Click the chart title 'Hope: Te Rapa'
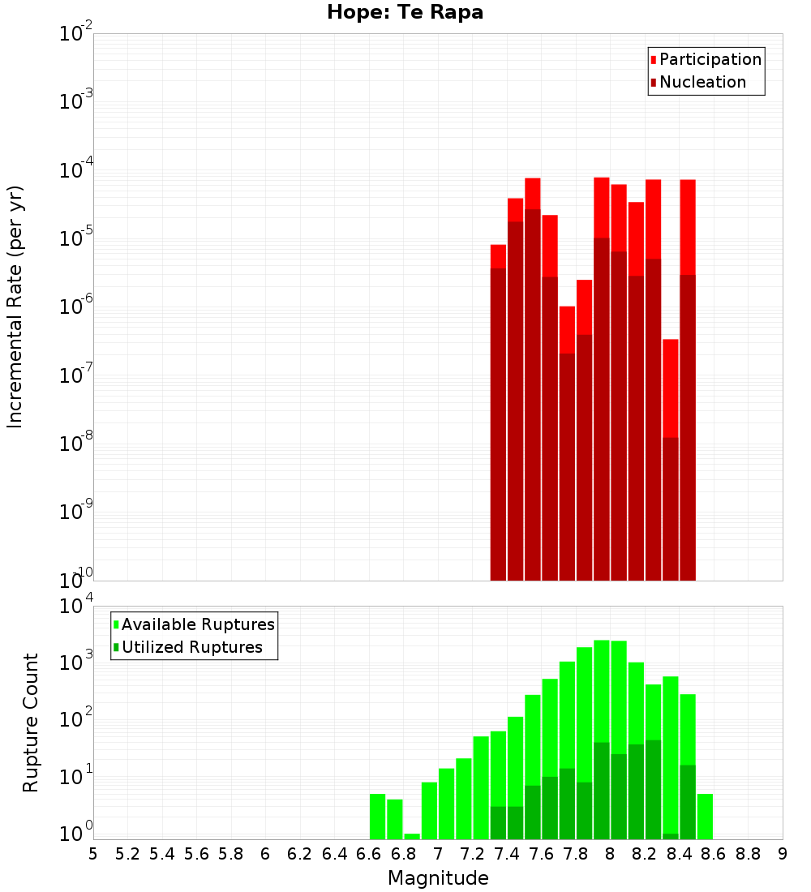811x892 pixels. (405, 13)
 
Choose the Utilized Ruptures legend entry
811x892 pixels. (191, 647)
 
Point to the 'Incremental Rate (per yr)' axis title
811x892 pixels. (15, 307)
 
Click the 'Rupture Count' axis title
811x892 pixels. (31, 723)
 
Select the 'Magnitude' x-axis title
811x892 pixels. (438, 878)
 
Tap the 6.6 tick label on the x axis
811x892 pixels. (369, 854)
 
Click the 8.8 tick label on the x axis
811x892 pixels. (748, 854)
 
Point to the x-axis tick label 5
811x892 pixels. (93, 854)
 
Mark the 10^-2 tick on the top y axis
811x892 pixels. (76, 34)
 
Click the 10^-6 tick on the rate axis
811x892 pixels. (76, 307)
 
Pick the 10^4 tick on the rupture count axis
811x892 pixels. (76, 607)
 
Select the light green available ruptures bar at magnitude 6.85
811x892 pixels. (412, 836)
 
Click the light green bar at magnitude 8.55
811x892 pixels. (705, 817)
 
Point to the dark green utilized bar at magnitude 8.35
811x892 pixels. (671, 836)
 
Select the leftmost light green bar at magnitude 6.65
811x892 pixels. (377, 817)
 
